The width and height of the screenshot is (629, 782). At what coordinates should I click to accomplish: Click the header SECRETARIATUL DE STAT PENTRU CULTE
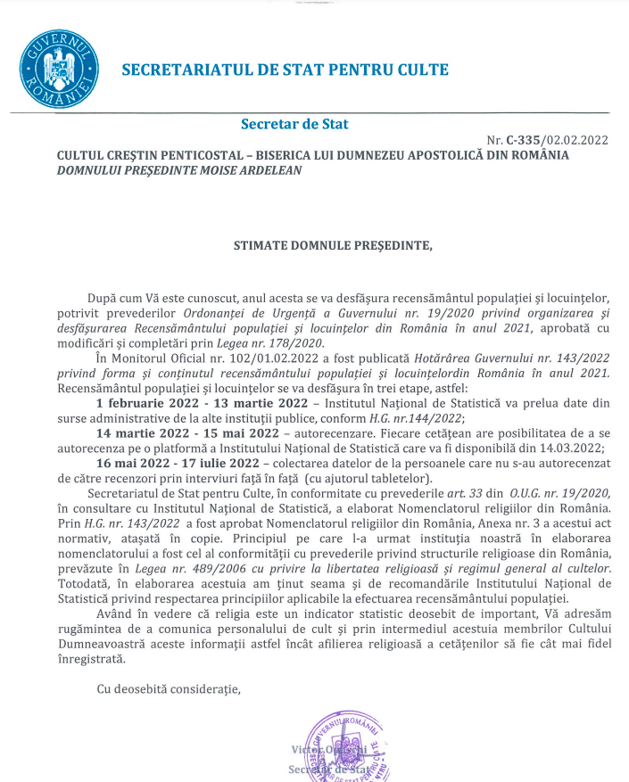pyautogui.click(x=285, y=70)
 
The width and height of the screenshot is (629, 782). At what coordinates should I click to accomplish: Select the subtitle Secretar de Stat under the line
pyautogui.click(x=294, y=124)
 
